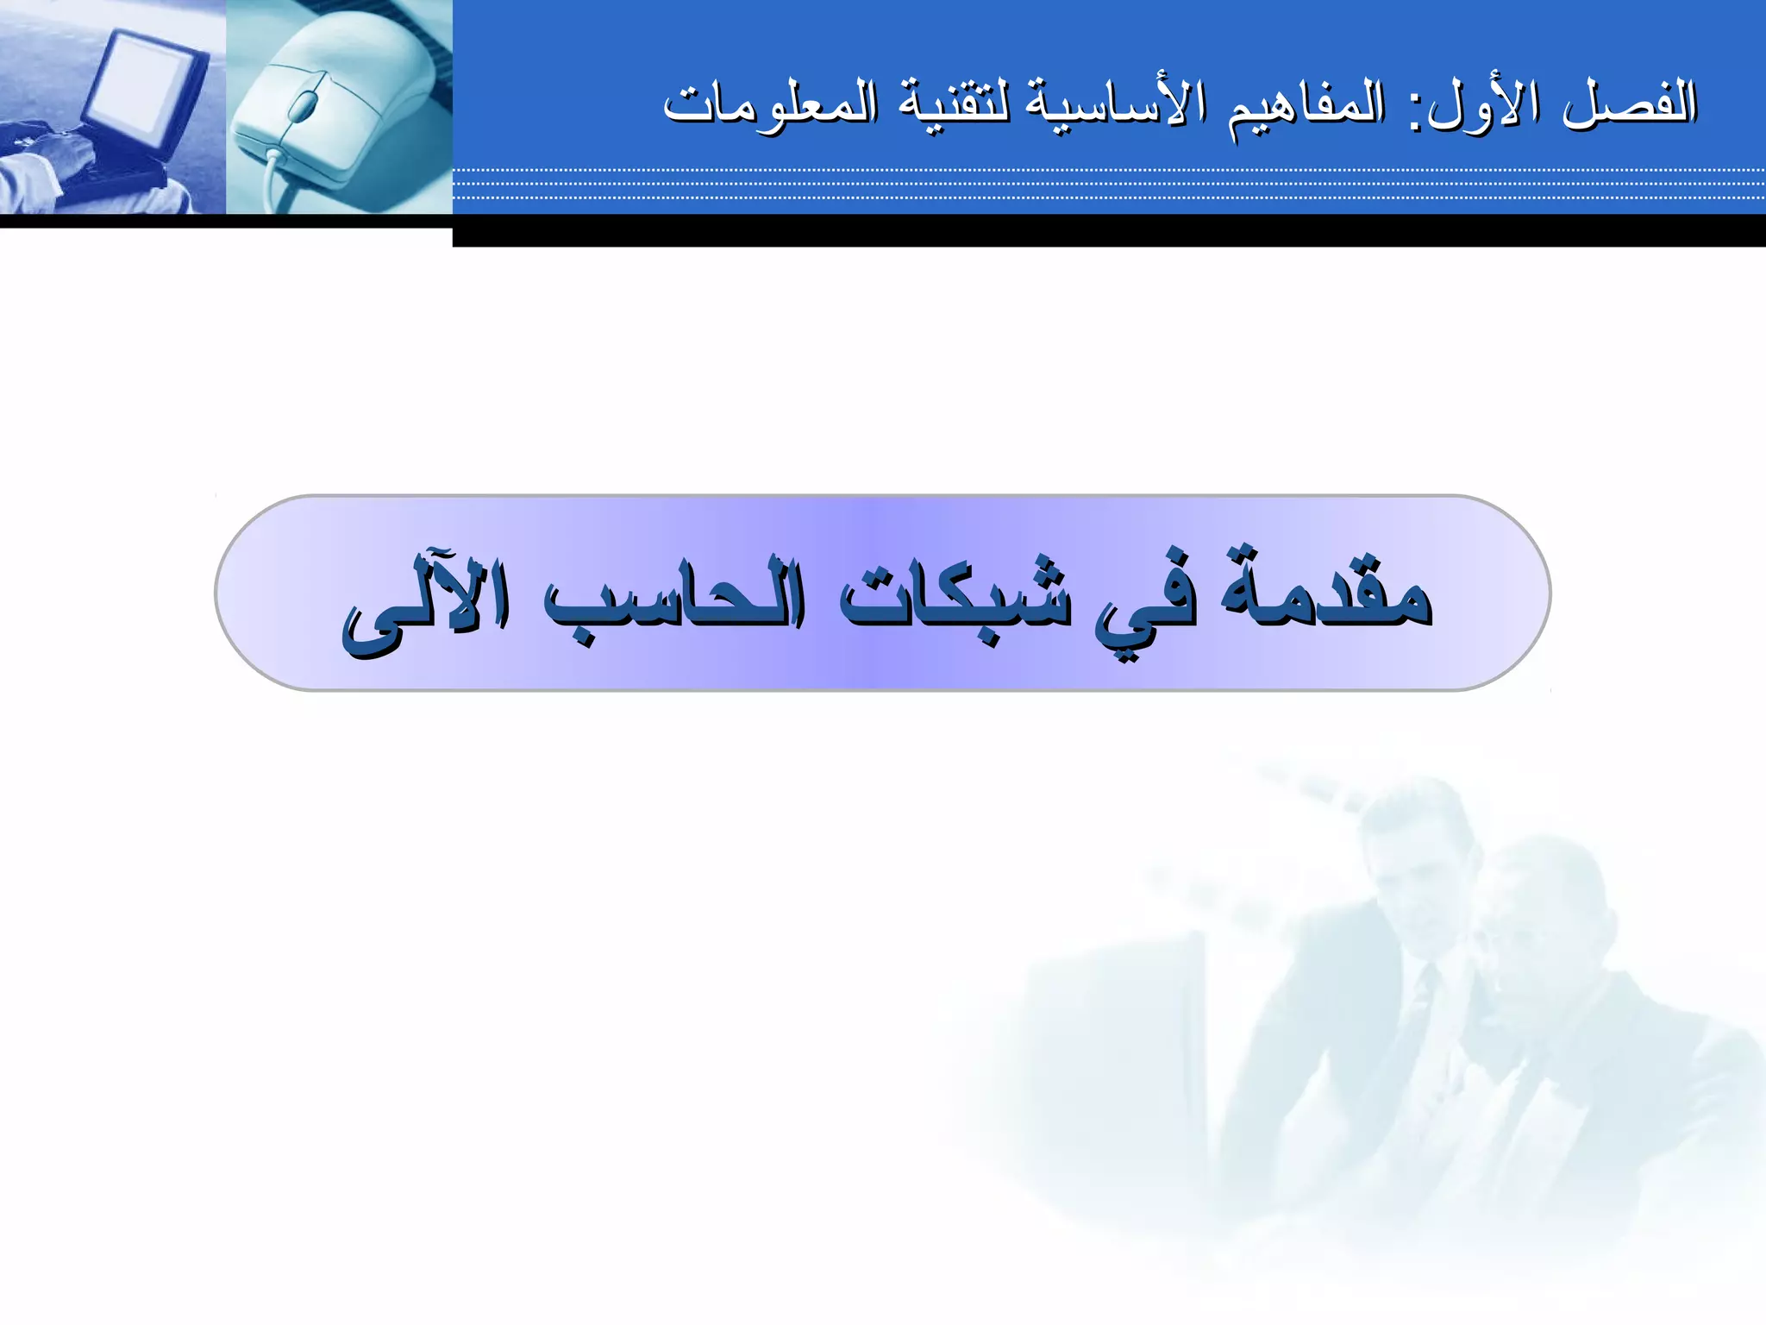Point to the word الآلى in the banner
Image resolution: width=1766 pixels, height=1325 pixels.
[426, 604]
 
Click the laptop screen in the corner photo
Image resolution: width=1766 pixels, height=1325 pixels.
[142, 86]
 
